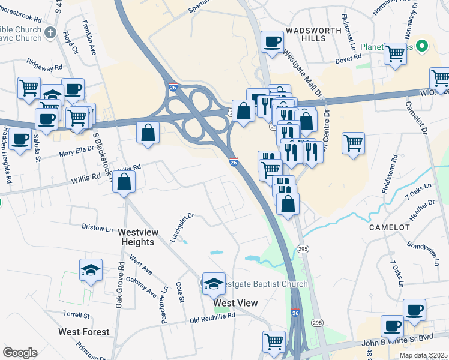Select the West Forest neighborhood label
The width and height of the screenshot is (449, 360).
coord(84,332)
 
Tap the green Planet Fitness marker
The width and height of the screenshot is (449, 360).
coord(422,45)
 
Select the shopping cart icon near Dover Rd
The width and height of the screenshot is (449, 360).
coord(395,53)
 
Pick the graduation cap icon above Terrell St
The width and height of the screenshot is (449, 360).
coord(91,270)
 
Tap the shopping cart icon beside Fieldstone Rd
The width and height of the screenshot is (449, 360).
coord(353,143)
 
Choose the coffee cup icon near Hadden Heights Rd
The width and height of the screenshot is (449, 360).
coord(20,139)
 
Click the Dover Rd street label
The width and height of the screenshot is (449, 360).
coord(348,58)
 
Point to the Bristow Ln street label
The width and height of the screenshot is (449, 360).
coord(97,228)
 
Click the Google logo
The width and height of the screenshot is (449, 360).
coord(20,352)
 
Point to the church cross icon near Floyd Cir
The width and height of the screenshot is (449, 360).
coord(51,32)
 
